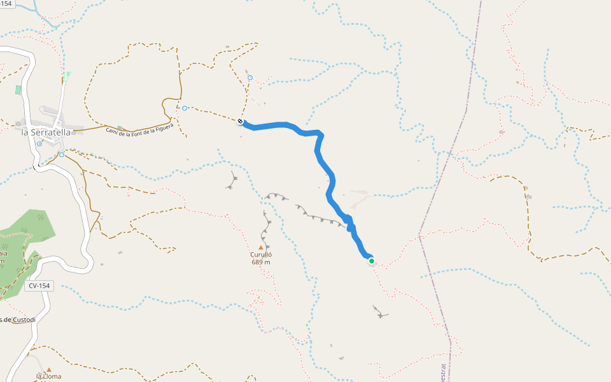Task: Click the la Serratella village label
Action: click(x=46, y=132)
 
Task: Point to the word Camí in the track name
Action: click(x=112, y=132)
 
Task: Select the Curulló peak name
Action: click(x=260, y=255)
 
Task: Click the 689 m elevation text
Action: click(x=261, y=262)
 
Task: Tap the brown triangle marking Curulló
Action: click(x=260, y=247)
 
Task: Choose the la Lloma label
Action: click(x=49, y=376)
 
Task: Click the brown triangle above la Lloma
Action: click(x=49, y=369)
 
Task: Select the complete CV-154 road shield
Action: click(x=39, y=286)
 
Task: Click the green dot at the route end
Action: click(x=372, y=260)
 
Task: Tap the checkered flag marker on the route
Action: click(x=241, y=122)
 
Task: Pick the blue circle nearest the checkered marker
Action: click(x=250, y=78)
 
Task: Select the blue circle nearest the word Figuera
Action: click(x=185, y=108)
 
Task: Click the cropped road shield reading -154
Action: click(x=6, y=3)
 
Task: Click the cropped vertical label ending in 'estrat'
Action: click(x=443, y=372)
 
